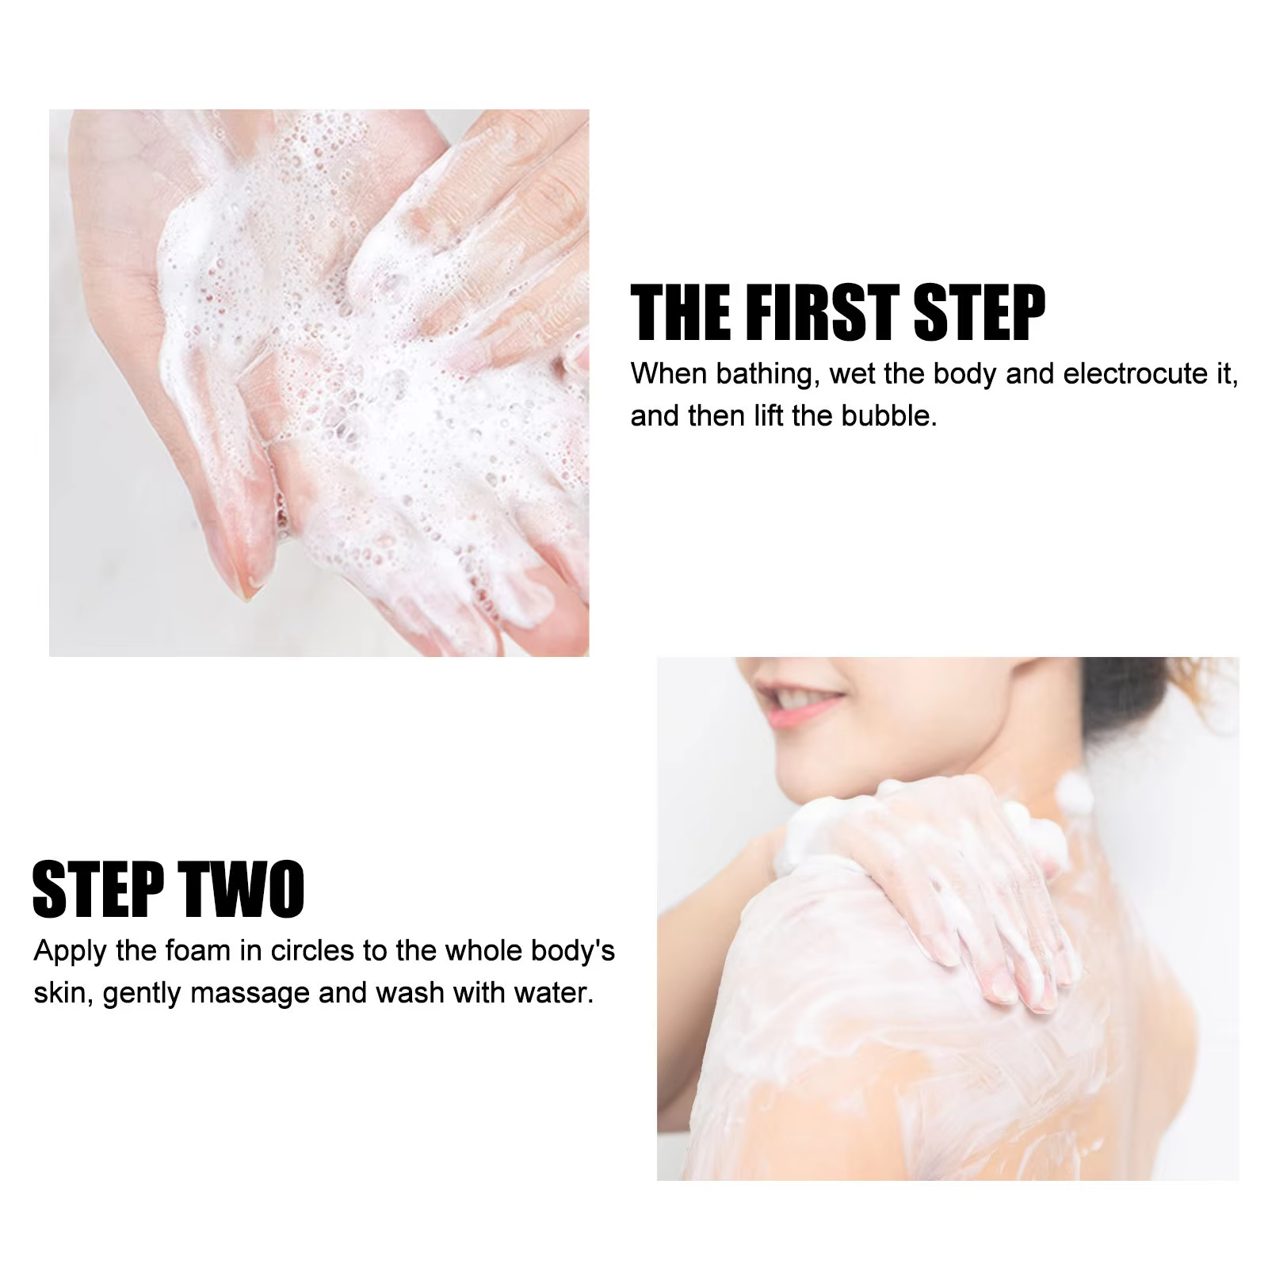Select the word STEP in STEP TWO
(x=97, y=889)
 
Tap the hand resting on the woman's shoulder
(x=935, y=880)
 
